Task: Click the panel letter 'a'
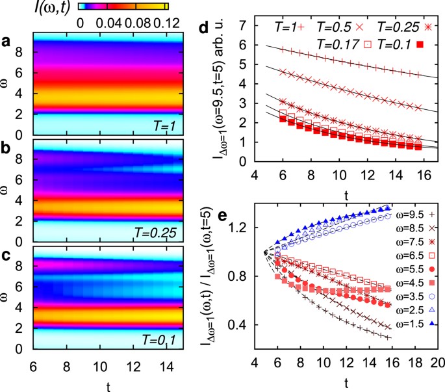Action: pyautogui.click(x=6, y=42)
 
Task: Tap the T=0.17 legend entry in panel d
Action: pyautogui.click(x=341, y=44)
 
